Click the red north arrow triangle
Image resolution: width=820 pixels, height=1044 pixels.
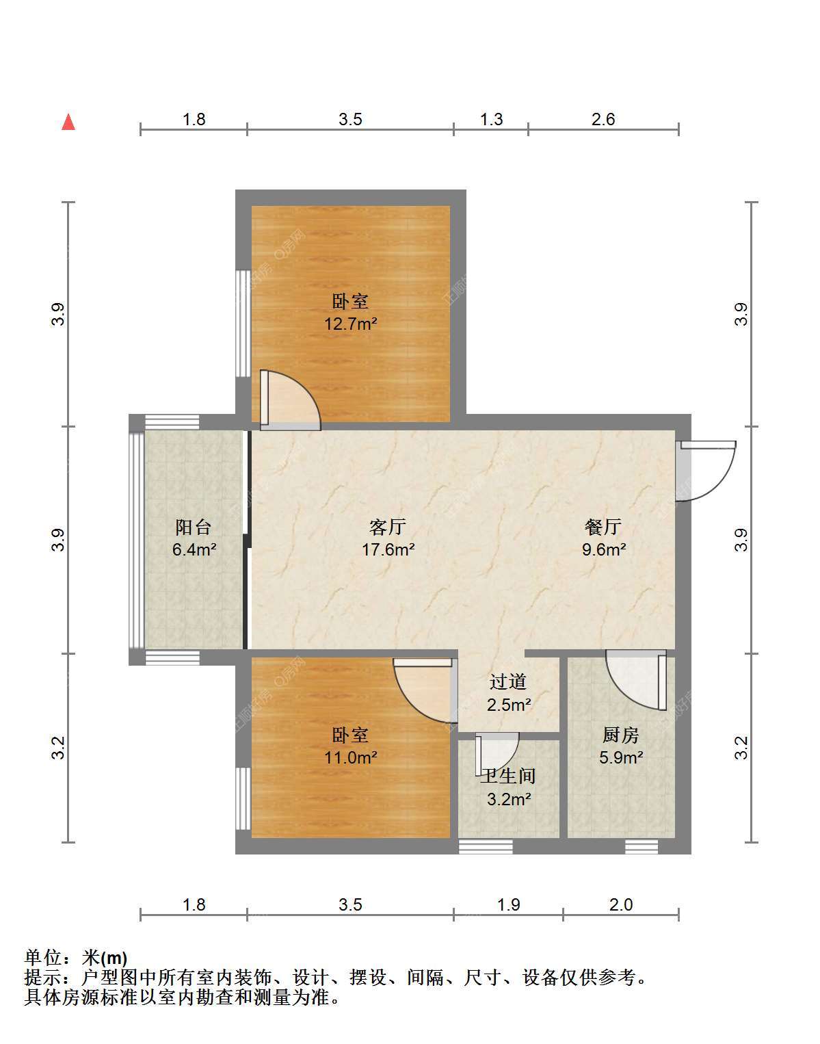coord(68,122)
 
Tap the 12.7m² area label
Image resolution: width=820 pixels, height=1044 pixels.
coord(350,324)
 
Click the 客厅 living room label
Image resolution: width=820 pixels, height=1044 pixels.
coord(388,527)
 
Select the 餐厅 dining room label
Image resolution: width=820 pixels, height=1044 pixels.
coord(603,527)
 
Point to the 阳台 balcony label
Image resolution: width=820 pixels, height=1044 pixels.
coord(194,527)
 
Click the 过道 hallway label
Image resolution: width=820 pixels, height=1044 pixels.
coord(508,681)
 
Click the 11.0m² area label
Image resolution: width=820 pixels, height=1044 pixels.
coord(350,757)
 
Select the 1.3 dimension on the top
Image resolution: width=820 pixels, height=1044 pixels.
coord(492,119)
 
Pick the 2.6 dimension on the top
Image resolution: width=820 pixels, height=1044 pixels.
coord(603,119)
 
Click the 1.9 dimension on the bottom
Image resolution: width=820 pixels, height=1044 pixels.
coord(508,905)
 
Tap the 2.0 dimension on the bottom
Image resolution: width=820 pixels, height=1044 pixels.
coord(621,905)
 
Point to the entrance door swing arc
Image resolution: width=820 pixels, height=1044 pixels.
coord(722,485)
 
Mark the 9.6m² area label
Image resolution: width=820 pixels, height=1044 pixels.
coord(604,549)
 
